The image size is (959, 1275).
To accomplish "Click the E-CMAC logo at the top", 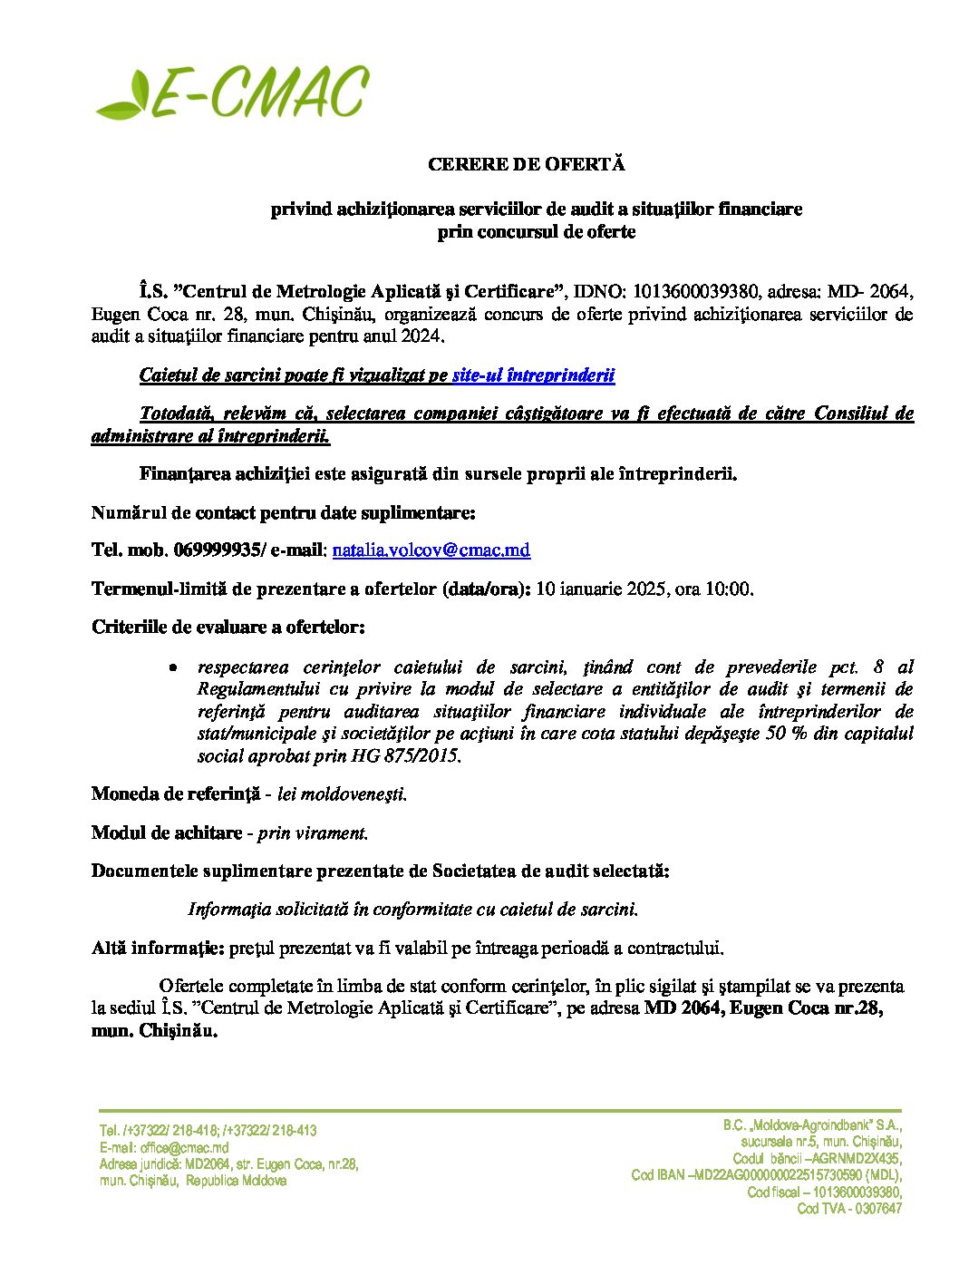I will [x=232, y=92].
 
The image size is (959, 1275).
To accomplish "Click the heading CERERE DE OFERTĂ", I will [x=527, y=165].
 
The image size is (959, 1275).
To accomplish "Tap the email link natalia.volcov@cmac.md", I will [x=431, y=550].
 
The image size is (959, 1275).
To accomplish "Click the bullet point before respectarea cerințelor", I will [x=173, y=668].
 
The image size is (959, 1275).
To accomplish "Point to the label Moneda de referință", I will [x=176, y=794].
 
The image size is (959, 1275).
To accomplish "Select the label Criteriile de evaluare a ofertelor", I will [x=228, y=627].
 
